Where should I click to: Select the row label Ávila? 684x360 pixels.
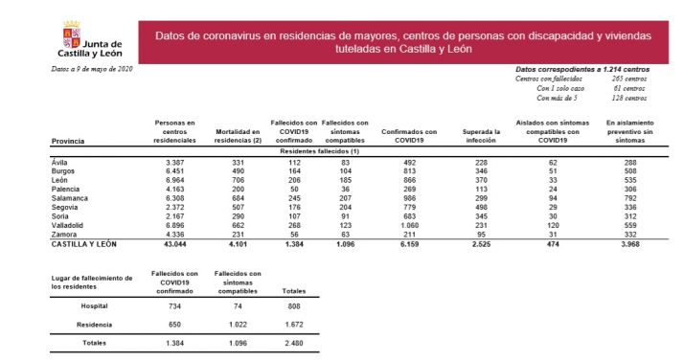tap(60, 163)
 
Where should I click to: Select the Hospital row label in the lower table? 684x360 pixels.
tap(93, 306)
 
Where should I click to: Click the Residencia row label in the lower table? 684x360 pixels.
tap(93, 324)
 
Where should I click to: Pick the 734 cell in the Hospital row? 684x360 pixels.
tap(174, 306)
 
